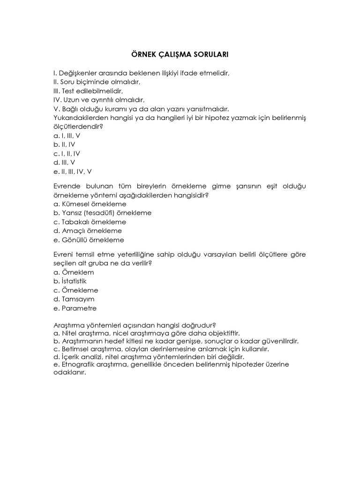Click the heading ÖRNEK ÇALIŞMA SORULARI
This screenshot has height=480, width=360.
coord(180,55)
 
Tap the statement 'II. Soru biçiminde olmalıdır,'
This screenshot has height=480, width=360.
coord(97,82)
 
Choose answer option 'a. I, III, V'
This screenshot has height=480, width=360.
coord(67,135)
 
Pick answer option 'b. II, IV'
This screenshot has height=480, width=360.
coord(64,144)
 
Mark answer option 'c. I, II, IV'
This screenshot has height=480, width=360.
coord(67,153)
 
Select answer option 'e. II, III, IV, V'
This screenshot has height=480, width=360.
coord(72,171)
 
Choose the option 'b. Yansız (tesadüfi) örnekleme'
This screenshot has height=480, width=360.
coord(102,213)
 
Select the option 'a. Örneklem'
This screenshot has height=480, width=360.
coord(74,272)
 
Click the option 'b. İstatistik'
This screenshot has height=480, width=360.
coord(70,281)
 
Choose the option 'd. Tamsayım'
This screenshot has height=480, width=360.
coord(74,299)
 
